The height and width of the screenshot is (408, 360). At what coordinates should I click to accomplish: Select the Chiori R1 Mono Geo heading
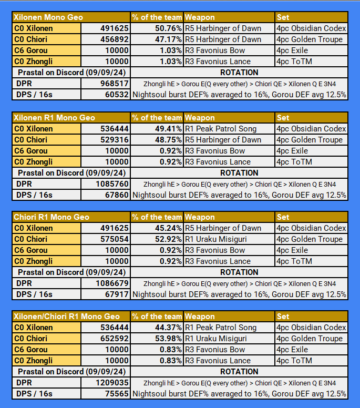coord(52,217)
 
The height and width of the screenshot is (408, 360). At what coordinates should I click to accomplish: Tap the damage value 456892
coord(114,39)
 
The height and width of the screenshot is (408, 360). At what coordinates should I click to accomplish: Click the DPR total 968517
coord(114,84)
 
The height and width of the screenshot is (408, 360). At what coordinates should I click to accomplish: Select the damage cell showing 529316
coord(114,140)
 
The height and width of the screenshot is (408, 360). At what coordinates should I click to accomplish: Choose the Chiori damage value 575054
coord(114,239)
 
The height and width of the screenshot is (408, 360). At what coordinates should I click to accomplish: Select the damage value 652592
coord(114,339)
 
